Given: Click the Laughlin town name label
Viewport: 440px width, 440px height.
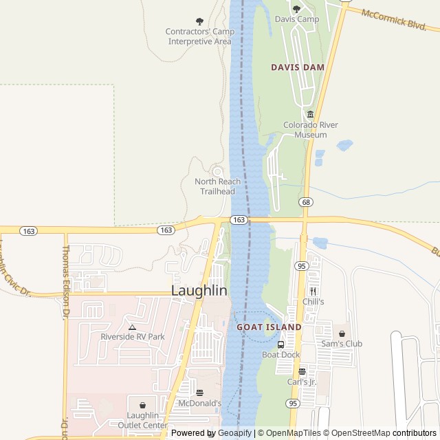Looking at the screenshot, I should pyautogui.click(x=199, y=291).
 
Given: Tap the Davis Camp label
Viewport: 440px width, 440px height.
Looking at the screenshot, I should pyautogui.click(x=297, y=19).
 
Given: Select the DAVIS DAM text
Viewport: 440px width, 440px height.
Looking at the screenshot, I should pyautogui.click(x=297, y=67).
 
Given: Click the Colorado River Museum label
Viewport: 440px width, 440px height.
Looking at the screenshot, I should pyautogui.click(x=311, y=130).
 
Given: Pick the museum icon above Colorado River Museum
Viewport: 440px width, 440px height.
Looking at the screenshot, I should pyautogui.click(x=311, y=114).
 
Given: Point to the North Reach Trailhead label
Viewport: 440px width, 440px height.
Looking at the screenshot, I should pyautogui.click(x=217, y=186).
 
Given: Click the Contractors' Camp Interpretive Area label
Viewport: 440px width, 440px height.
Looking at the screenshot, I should pyautogui.click(x=199, y=36).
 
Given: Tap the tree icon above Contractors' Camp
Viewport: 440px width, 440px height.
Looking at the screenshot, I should pyautogui.click(x=200, y=21).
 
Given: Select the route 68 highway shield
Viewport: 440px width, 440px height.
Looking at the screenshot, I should pyautogui.click(x=306, y=201).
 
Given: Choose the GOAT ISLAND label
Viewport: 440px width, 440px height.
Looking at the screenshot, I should pyautogui.click(x=269, y=327).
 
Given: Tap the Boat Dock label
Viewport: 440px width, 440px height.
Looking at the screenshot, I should pyautogui.click(x=280, y=355).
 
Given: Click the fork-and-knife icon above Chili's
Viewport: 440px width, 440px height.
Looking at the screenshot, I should pyautogui.click(x=313, y=291).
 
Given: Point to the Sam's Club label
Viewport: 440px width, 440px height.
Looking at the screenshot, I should pyautogui.click(x=342, y=344).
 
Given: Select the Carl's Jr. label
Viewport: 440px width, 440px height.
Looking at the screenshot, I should pyautogui.click(x=302, y=382).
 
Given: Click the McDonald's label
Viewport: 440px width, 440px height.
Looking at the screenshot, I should pyautogui.click(x=199, y=403).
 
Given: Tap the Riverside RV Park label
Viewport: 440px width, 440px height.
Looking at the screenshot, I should pyautogui.click(x=133, y=337).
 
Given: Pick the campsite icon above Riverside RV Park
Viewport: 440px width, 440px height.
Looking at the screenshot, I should pyautogui.click(x=132, y=327).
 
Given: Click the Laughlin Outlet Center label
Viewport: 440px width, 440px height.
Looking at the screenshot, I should pyautogui.click(x=143, y=420).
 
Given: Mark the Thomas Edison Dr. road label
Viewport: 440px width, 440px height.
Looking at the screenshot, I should pyautogui.click(x=67, y=282).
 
